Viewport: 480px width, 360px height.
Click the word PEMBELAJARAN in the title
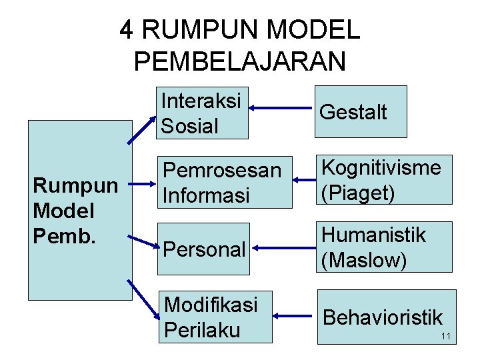(x=240, y=61)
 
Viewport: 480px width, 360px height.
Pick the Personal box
(x=204, y=249)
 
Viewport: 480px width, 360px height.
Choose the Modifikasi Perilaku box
(x=215, y=317)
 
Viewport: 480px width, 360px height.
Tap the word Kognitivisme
(x=381, y=167)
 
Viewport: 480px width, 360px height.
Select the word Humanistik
(x=373, y=235)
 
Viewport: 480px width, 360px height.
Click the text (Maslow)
(x=363, y=260)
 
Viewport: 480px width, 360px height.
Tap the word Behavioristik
(x=383, y=317)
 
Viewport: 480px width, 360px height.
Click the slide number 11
(x=446, y=336)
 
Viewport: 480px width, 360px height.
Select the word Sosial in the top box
(x=189, y=125)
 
